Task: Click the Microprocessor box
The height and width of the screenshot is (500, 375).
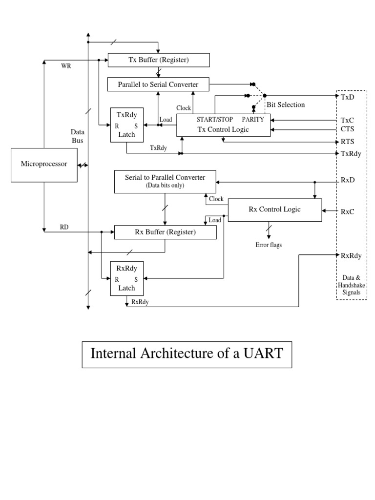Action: point(44,165)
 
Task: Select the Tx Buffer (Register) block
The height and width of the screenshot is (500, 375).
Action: point(158,60)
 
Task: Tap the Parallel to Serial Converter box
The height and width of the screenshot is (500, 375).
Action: point(158,84)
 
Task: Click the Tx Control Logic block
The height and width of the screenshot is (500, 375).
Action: point(223,125)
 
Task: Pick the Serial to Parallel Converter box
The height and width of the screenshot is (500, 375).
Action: point(165,181)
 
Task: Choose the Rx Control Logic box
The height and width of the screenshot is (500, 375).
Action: point(275,209)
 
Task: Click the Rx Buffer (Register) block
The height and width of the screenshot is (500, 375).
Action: point(165,232)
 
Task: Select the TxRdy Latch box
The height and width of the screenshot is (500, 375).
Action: point(126,125)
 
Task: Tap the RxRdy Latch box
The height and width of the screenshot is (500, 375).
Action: point(126,278)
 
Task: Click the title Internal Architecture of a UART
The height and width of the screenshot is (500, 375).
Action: point(187,354)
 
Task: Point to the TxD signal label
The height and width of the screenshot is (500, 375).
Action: point(347,97)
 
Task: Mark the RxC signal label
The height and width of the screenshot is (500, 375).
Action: point(347,211)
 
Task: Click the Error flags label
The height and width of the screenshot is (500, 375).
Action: point(269,245)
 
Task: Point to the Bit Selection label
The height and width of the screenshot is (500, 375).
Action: point(285,105)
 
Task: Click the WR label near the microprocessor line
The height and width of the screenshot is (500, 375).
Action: point(66,67)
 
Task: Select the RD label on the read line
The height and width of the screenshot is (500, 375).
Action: point(64,227)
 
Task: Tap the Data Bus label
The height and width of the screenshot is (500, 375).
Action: point(77,136)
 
